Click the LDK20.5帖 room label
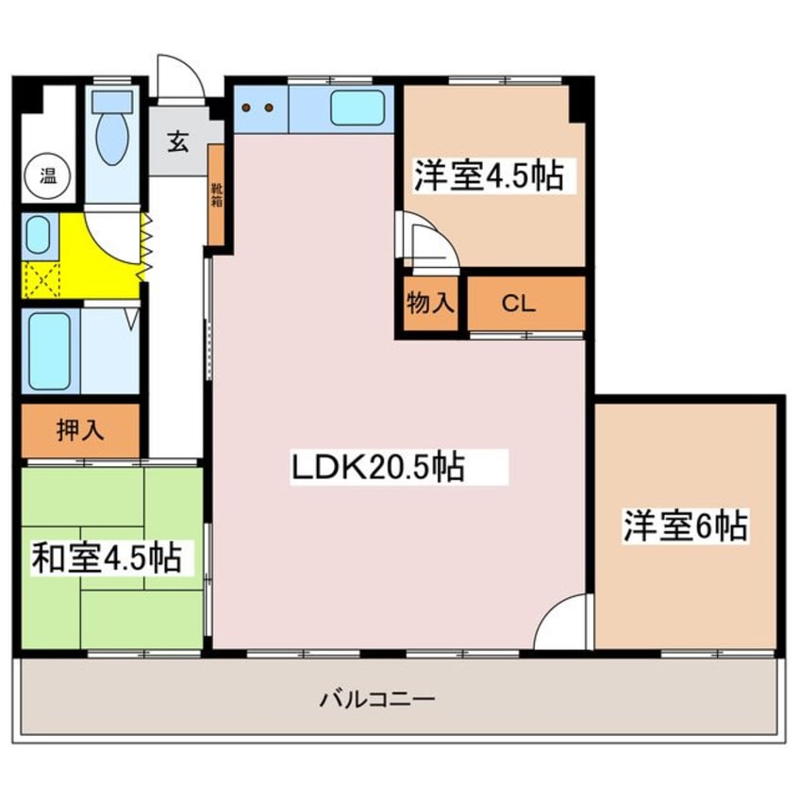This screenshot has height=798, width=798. click(x=377, y=467)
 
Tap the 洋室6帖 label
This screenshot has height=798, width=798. click(x=686, y=525)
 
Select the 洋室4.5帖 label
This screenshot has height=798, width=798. click(x=488, y=175)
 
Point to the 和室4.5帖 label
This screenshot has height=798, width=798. click(x=107, y=557)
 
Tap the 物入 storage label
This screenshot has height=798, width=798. click(x=431, y=304)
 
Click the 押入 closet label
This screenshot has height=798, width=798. click(x=80, y=430)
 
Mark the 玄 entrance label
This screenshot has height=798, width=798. click(x=177, y=143)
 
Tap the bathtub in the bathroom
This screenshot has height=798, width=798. click(x=48, y=350)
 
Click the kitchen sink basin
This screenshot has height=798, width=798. click(x=357, y=111)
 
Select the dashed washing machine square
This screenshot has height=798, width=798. click(x=42, y=280)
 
